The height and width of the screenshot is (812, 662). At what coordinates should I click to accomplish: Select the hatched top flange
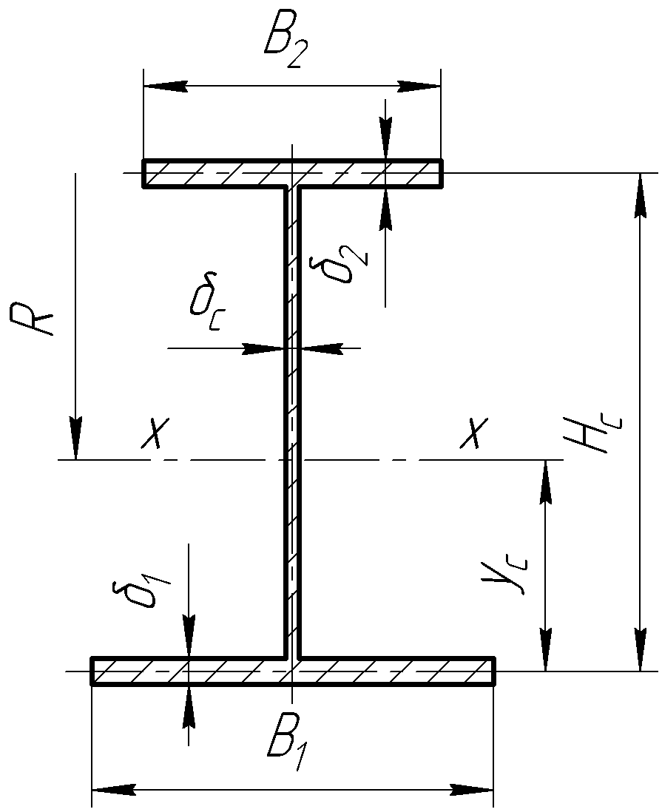[222, 174]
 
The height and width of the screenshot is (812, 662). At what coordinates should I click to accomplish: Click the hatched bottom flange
[185, 671]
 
